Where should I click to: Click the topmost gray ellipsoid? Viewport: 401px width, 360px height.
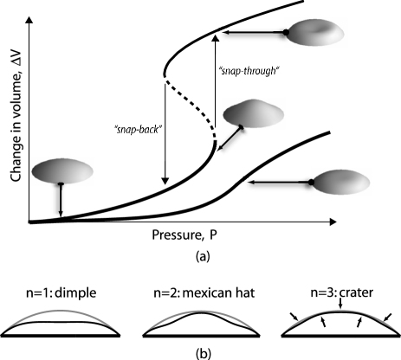pyautogui.click(x=315, y=33)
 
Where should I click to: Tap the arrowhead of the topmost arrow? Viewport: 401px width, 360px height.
pyautogui.click(x=223, y=34)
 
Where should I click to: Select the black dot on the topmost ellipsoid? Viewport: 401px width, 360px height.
pyautogui.click(x=286, y=33)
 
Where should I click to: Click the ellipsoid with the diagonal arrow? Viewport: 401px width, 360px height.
pyautogui.click(x=254, y=112)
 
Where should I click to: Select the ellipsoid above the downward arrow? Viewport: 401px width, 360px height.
pyautogui.click(x=61, y=170)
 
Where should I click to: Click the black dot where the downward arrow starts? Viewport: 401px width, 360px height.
pyautogui.click(x=61, y=184)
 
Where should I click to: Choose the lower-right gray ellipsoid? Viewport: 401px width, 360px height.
pyautogui.click(x=340, y=182)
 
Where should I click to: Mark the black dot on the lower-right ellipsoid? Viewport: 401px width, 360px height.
pyautogui.click(x=311, y=183)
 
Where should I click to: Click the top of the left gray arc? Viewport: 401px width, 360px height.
pyautogui.click(x=60, y=310)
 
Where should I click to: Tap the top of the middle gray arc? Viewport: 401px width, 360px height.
pyautogui.click(x=200, y=310)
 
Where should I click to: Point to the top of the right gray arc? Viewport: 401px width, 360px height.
pyautogui.click(x=340, y=310)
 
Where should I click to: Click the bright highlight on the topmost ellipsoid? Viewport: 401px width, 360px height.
pyautogui.click(x=327, y=31)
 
